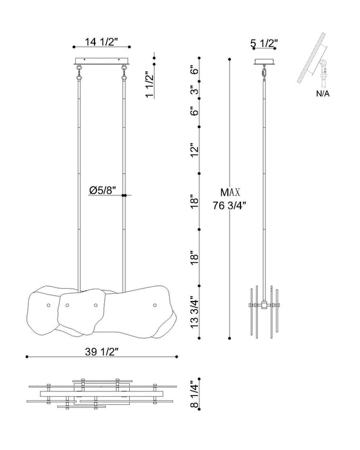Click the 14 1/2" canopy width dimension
pyautogui.click(x=102, y=42)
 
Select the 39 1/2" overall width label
pyautogui.click(x=102, y=352)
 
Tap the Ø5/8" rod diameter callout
pyautogui.click(x=102, y=190)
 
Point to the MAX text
pyautogui.click(x=230, y=192)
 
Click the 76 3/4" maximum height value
pyautogui.click(x=230, y=206)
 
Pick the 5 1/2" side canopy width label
pyautogui.click(x=264, y=43)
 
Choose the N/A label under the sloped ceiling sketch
pyautogui.click(x=323, y=94)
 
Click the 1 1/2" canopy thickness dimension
pyautogui.click(x=150, y=84)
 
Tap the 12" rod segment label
pyautogui.click(x=195, y=150)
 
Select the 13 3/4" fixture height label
pyautogui.click(x=194, y=312)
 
